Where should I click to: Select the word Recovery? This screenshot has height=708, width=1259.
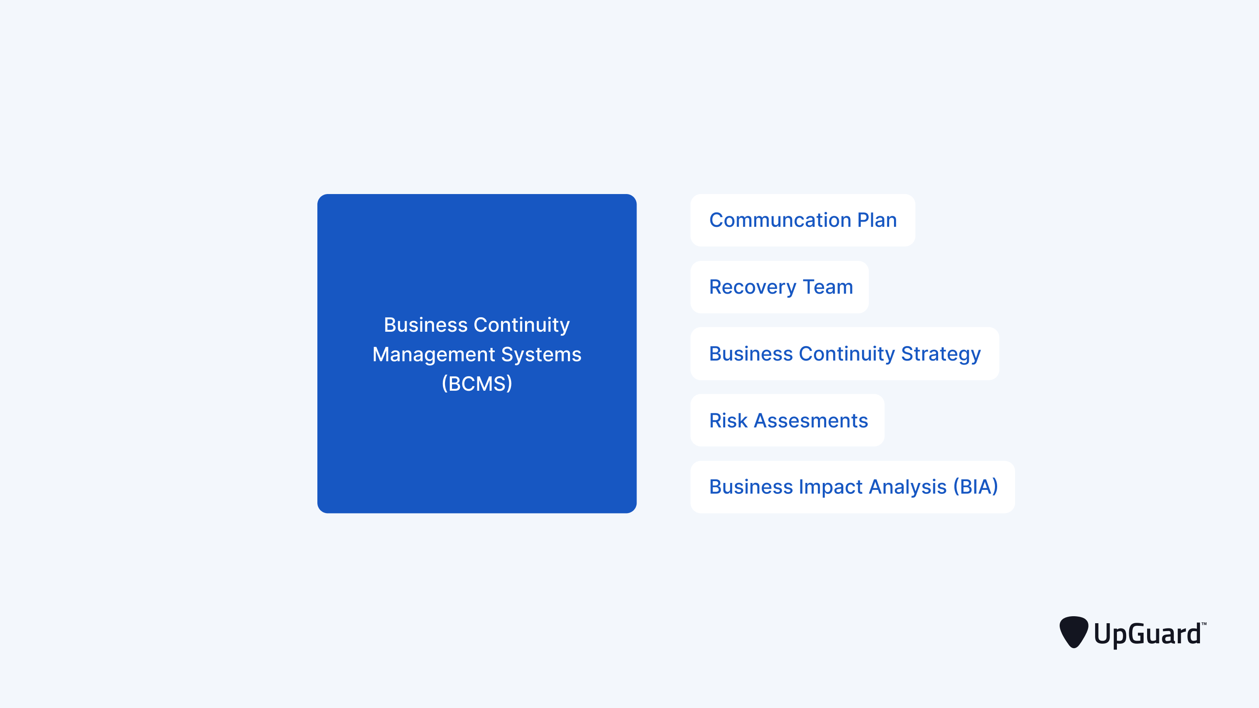pyautogui.click(x=753, y=287)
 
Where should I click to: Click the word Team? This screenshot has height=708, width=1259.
pyautogui.click(x=828, y=287)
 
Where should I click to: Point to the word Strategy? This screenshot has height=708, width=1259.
pyautogui.click(x=941, y=354)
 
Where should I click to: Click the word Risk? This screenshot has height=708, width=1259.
pyautogui.click(x=728, y=421)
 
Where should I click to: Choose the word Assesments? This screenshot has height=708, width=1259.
pyautogui.click(x=811, y=421)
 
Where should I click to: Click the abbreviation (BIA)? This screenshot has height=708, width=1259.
pyautogui.click(x=976, y=487)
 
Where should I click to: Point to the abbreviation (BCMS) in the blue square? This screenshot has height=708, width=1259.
pyautogui.click(x=477, y=384)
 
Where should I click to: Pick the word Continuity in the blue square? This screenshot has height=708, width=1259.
pyautogui.click(x=522, y=325)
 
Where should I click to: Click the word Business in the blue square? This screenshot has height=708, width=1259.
pyautogui.click(x=426, y=325)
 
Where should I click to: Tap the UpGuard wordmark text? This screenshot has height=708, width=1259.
pyautogui.click(x=1147, y=634)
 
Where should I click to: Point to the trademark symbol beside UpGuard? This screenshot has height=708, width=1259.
pyautogui.click(x=1204, y=624)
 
